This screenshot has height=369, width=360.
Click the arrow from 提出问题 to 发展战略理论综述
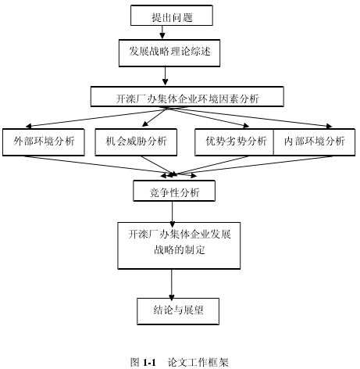coord(162,32)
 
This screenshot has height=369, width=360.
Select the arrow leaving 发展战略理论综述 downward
coord(165,76)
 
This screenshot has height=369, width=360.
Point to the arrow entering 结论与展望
coord(171,285)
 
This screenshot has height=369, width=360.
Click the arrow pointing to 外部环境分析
coord(96,117)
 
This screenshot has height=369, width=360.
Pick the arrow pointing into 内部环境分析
coord(250,117)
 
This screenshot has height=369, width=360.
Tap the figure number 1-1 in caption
coord(149,362)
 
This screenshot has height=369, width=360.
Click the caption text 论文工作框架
coord(198,362)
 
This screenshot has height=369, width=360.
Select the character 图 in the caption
coord(135,362)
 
